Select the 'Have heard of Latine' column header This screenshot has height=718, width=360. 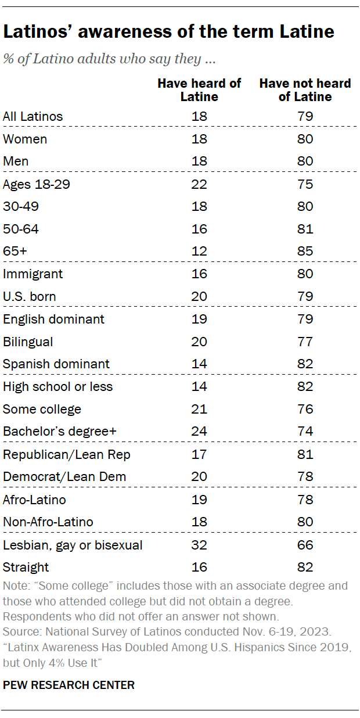(x=199, y=90)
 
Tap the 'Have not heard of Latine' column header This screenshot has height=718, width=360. (x=305, y=90)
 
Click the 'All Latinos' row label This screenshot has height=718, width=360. (x=33, y=116)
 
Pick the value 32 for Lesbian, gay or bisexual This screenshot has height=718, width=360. (x=199, y=545)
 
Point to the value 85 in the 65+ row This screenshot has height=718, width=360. (x=305, y=252)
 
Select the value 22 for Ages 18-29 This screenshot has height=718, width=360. (x=199, y=184)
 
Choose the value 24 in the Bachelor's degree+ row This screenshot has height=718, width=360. (x=199, y=432)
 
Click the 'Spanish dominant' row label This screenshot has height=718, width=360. (x=56, y=364)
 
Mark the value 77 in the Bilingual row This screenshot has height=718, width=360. (x=305, y=342)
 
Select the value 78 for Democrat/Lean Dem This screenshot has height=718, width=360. (x=305, y=477)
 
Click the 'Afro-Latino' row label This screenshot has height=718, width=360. (x=34, y=500)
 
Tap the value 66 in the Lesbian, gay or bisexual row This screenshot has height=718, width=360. (x=305, y=545)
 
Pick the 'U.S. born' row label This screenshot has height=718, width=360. (x=29, y=297)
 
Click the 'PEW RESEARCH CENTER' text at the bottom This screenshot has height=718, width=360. (x=69, y=685)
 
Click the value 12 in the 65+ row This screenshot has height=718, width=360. (x=199, y=252)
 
